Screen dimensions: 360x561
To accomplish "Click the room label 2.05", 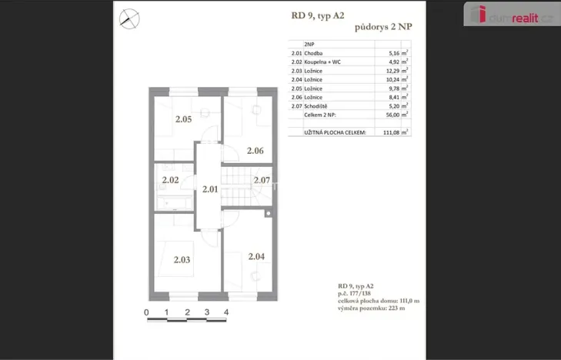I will [182, 119].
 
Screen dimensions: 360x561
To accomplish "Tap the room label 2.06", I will [255, 151].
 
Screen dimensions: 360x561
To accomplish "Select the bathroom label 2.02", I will [170, 181].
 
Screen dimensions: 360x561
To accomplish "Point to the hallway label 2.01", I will [210, 188].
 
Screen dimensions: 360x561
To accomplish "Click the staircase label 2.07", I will [262, 181].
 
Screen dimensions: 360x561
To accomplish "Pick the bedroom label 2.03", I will [182, 260].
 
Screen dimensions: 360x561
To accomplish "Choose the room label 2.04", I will [256, 256].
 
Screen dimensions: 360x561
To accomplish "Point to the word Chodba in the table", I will [314, 54].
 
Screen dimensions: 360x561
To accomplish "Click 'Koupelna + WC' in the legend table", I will [323, 62].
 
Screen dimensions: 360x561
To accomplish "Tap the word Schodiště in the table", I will [317, 106].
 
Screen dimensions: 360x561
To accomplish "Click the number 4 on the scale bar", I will [226, 312].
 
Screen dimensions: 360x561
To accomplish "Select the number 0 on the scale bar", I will [146, 312].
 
